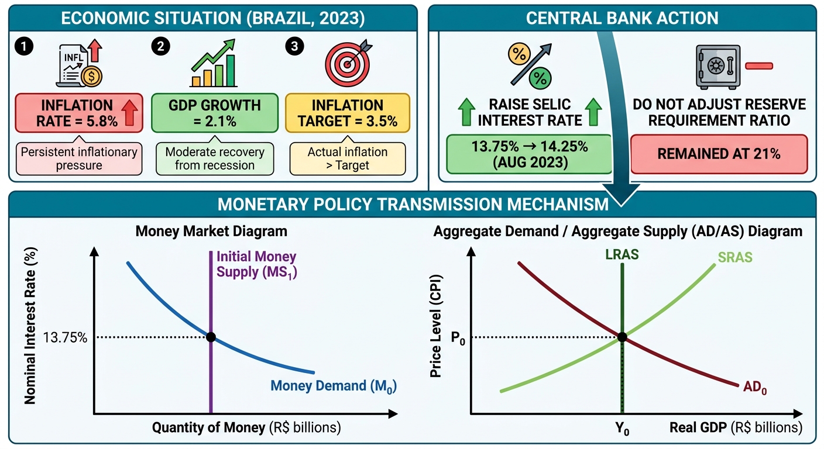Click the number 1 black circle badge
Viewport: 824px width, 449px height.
coord(24,46)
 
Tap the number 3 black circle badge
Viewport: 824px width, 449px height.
coord(294,46)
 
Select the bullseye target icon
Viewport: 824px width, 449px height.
coord(348,63)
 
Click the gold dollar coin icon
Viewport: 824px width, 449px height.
coord(92,77)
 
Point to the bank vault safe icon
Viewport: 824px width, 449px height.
coord(718,67)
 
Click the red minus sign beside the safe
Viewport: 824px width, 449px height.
coord(758,66)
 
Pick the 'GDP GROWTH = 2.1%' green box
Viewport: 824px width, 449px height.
coord(215,113)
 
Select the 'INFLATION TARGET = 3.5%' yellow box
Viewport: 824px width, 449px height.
coord(348,113)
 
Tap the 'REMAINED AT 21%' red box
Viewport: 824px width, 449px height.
coord(719,154)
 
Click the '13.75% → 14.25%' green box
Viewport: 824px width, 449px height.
coord(530,154)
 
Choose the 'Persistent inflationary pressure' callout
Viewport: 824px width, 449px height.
coord(79,158)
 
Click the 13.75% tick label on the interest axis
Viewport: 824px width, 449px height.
coord(65,337)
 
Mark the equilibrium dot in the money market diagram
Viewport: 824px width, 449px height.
coord(211,337)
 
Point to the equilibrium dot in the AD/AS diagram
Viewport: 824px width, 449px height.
coord(622,337)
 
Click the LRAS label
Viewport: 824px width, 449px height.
coord(622,254)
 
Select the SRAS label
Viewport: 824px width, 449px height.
coord(735,257)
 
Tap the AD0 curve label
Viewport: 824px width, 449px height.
coord(755,387)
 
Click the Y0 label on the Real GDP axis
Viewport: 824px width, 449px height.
coord(622,429)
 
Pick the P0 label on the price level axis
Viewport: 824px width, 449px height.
coord(458,338)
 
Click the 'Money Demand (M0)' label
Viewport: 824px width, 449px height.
coord(334,386)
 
